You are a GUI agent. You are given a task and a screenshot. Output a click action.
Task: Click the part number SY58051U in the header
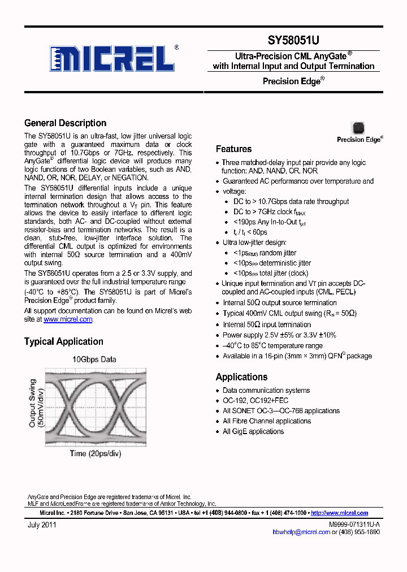click(293, 41)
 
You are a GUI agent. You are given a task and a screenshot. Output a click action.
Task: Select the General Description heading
click(65, 123)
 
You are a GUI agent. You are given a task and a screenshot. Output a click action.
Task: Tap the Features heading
click(233, 149)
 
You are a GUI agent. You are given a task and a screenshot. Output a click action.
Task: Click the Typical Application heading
click(63, 341)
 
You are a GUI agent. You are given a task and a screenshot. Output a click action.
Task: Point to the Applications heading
click(241, 377)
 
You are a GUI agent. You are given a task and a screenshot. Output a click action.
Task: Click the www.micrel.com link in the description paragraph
click(68, 319)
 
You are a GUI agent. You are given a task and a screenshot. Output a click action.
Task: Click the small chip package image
click(358, 128)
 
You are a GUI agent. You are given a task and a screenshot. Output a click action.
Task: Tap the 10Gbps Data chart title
click(94, 359)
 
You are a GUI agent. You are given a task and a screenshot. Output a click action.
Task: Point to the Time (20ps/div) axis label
click(96, 453)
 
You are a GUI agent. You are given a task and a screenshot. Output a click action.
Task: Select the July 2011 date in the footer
click(42, 525)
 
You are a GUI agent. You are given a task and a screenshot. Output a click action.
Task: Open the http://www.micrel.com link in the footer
click(339, 513)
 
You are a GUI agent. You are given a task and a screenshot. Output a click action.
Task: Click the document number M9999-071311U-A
click(354, 525)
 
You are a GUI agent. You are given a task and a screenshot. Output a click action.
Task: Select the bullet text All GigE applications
click(253, 431)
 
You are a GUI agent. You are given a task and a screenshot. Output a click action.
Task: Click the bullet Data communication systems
click(266, 391)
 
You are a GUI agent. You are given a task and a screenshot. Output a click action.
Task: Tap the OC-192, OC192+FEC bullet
click(255, 401)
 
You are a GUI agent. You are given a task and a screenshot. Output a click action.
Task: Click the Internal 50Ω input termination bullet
click(266, 324)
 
